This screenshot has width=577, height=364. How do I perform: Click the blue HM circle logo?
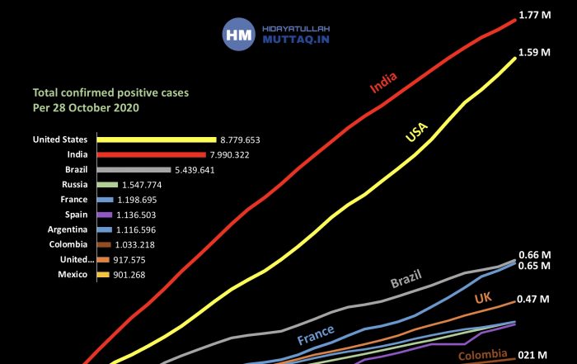tap(239, 35)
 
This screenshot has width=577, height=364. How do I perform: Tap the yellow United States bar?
tap(157, 139)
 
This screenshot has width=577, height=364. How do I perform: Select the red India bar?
tap(152, 154)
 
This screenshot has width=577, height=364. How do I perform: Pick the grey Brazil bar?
tap(134, 170)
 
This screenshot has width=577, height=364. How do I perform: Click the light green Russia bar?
tap(107, 185)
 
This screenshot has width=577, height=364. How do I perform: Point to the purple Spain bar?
tap(105, 215)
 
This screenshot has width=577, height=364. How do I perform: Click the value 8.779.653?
tap(240, 140)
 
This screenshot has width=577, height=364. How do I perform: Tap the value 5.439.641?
tap(195, 170)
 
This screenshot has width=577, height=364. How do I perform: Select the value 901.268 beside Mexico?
tap(129, 275)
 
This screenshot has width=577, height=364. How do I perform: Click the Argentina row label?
tap(68, 229)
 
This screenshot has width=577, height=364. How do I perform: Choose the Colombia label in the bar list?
tap(68, 244)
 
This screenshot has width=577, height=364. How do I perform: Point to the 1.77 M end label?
tap(535, 15)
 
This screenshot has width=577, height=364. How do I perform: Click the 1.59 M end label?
tap(534, 52)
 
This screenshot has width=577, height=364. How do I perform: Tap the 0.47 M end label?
tap(533, 299)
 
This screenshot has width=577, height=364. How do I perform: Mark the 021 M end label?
tap(532, 355)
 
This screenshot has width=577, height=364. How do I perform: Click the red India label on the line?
tap(383, 83)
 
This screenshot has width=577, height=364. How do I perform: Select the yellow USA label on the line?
tap(416, 132)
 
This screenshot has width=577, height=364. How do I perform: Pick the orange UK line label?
tap(483, 298)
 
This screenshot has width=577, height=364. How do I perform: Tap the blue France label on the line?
tap(316, 334)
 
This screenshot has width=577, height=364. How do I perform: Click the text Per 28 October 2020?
tap(86, 108)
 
